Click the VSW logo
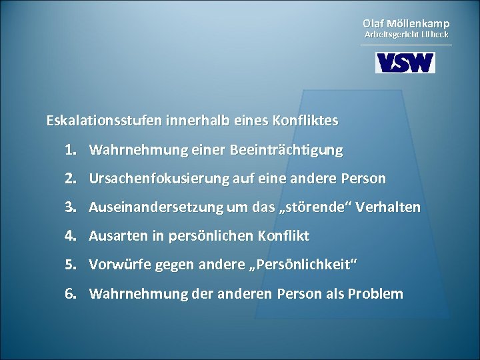[405, 62]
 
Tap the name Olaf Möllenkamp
[405, 23]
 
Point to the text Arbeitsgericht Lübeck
[405, 34]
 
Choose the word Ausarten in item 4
[114, 236]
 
